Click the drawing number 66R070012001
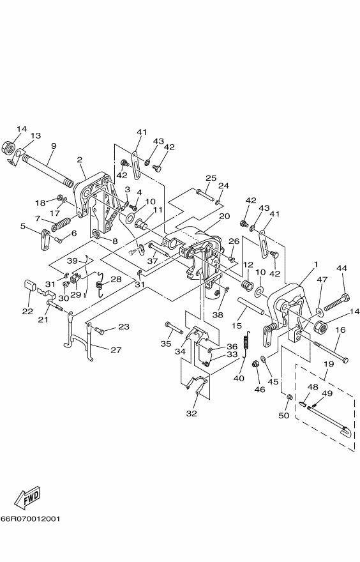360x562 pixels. (x=30, y=519)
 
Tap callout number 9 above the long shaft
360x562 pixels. (x=54, y=146)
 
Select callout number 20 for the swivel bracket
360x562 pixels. (x=224, y=216)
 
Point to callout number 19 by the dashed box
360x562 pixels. (x=329, y=364)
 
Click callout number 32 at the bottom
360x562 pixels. (x=191, y=413)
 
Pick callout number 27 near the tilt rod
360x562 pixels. (x=116, y=350)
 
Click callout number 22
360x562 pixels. (x=27, y=311)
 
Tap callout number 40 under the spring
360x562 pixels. (x=239, y=378)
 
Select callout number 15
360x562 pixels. (x=236, y=326)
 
